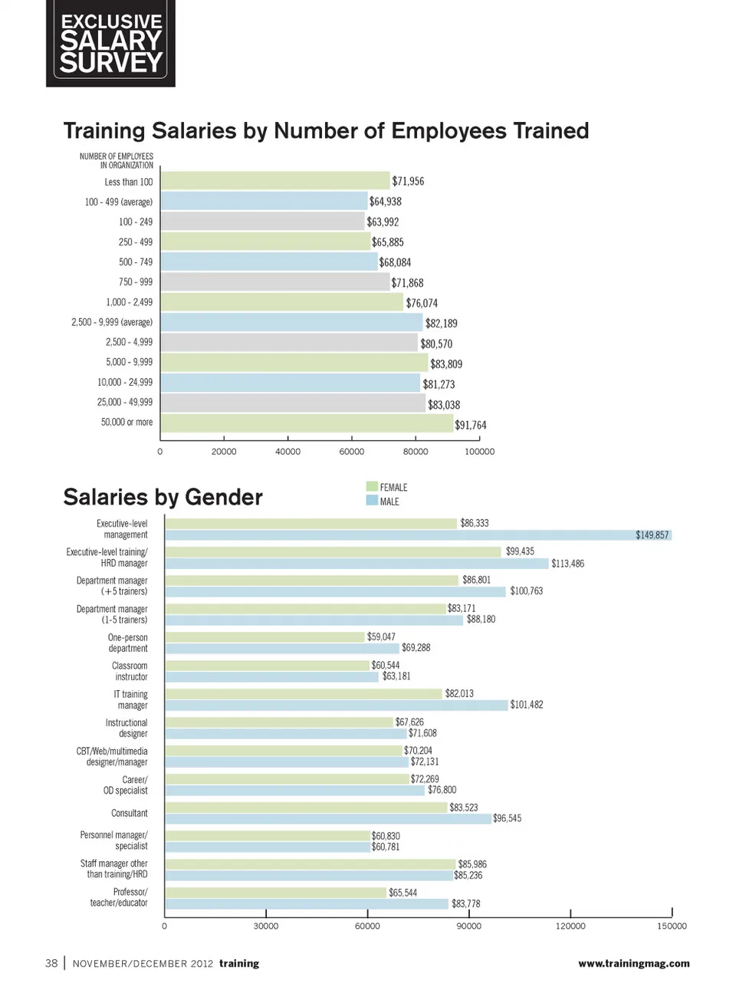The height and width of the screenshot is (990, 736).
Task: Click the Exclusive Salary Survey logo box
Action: pos(110,43)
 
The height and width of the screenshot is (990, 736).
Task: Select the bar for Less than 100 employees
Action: pos(274,181)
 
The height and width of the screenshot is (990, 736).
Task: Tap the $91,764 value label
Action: pos(470,425)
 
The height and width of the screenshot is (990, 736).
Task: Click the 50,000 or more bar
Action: pos(306,423)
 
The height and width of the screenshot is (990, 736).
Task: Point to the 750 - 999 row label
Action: pos(135,282)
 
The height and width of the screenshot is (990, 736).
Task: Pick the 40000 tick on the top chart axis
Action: pos(287,452)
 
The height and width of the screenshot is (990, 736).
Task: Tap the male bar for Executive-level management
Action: pos(418,535)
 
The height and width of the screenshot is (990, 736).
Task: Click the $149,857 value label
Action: pos(652,535)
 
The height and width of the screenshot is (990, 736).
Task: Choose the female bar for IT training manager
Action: pos(304,693)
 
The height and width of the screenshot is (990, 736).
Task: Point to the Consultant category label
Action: pos(129,813)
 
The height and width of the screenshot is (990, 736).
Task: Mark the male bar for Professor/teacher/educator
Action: pos(307,904)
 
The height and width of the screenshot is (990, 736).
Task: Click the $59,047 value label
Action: pos(381,636)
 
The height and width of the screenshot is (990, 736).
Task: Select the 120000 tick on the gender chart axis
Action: pos(570,926)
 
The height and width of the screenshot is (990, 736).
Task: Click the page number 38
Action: pos(51,963)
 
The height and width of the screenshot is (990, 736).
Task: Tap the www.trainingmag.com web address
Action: pos(633,963)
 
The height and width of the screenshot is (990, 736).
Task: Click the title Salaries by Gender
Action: pos(163,497)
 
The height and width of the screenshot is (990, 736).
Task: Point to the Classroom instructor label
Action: pos(130,671)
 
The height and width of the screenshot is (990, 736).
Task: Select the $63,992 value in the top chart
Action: pos(383,222)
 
